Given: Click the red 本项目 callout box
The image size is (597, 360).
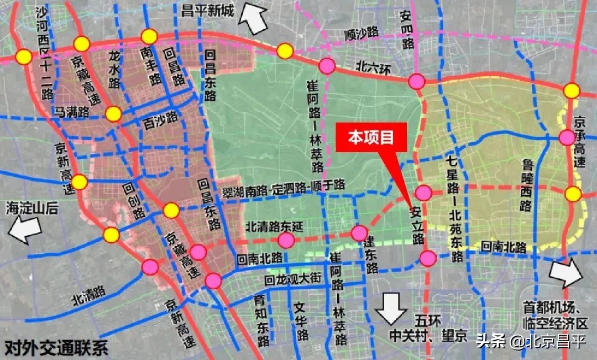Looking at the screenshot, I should [371, 137].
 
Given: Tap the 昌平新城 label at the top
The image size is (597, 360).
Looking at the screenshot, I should [207, 11].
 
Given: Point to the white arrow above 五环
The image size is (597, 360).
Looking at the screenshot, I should [391, 307].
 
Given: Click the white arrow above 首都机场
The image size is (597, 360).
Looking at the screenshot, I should [565, 273].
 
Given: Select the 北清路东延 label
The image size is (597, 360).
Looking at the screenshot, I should [274, 226].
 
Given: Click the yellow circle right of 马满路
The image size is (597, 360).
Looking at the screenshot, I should [113, 114].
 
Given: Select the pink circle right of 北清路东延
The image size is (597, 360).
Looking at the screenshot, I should [359, 233].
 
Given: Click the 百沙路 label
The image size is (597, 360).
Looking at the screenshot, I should [160, 118].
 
